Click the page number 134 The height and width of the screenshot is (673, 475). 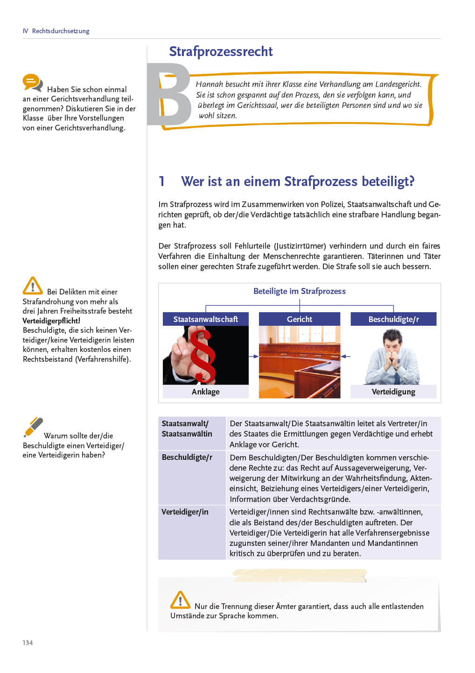pos(28,643)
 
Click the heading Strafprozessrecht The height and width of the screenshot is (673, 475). pos(221,51)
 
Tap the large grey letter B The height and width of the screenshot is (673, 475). pos(169,95)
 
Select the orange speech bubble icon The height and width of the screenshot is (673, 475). pos(32,83)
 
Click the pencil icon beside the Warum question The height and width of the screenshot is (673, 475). pos(33,427)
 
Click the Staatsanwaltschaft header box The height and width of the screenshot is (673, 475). pos(205,319)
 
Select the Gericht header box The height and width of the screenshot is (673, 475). pos(300,319)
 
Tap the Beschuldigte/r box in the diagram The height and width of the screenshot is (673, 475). pos(393,319)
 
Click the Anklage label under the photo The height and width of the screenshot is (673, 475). pos(205,392)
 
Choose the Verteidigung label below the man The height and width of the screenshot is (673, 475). pos(393,392)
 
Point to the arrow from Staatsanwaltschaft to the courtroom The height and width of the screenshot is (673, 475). pos(253,356)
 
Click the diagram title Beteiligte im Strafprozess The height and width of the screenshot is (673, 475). pos(300,291)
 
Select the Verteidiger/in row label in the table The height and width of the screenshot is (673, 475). pos(185,512)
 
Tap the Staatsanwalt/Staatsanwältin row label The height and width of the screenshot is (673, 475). pos(187,429)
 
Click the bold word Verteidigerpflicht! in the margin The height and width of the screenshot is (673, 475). pos(51,321)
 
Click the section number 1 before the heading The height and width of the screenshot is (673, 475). pos(161,181)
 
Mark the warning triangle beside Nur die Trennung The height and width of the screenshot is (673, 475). pos(180,600)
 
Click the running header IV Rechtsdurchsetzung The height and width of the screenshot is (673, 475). pos(56,31)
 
